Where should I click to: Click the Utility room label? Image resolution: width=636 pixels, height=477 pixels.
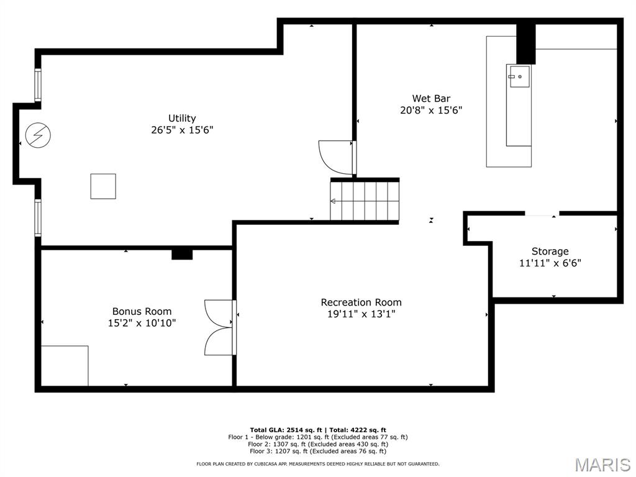tap(182, 118)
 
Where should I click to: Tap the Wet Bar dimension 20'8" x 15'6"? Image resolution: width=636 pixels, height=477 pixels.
tap(431, 111)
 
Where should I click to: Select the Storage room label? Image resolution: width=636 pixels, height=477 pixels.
tap(550, 252)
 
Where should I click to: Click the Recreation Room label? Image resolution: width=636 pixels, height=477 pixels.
tap(361, 302)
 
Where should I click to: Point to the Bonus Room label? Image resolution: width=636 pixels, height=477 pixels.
tap(142, 311)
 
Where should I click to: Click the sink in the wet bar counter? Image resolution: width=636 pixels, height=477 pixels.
tap(519, 76)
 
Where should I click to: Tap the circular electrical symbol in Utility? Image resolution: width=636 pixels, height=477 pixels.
tap(38, 135)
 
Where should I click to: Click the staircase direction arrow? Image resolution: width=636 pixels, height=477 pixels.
tap(334, 201)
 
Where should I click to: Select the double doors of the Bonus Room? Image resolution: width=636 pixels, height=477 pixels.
tap(220, 327)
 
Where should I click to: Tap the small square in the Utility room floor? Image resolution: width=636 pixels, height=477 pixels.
tap(103, 186)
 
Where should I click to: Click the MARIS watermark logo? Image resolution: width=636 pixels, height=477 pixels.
tap(602, 465)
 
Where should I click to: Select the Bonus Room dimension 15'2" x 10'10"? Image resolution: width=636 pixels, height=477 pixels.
tap(142, 323)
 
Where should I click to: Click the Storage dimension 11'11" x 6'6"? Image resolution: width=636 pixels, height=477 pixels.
tap(550, 263)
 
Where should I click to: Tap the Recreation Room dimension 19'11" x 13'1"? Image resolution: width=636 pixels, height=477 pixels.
tap(361, 314)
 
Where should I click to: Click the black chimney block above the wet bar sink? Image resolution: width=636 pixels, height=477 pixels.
tap(525, 43)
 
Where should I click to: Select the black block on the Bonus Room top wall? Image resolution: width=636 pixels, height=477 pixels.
tap(182, 253)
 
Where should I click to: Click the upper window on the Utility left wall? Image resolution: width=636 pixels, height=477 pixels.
tap(38, 85)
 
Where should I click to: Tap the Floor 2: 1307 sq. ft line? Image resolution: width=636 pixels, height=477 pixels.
tap(317, 444)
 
